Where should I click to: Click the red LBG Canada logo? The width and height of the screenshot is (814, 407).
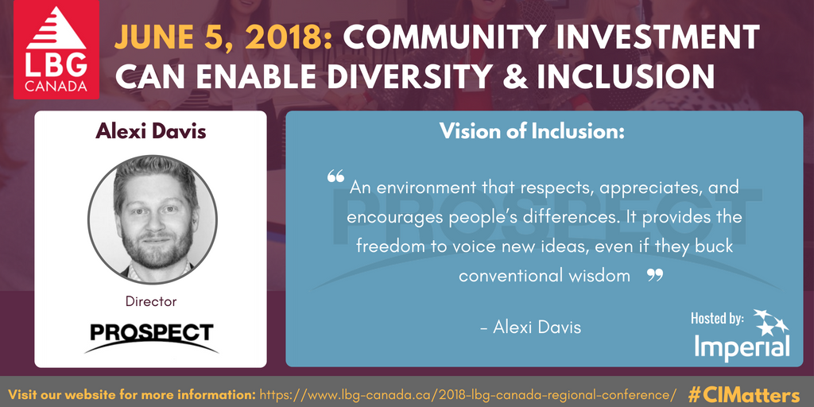click(x=56, y=49)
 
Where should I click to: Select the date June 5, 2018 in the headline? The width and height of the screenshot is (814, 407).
click(x=223, y=37)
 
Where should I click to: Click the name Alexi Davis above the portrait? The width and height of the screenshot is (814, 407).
click(x=150, y=131)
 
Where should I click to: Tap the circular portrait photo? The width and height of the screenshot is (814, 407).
click(x=153, y=219)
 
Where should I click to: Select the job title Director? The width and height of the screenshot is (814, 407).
click(x=151, y=301)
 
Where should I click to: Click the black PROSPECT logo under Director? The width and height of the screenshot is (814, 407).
click(x=152, y=337)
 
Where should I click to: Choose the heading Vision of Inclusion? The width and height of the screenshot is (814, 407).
click(x=532, y=131)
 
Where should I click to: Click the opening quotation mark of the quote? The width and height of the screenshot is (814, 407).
click(x=335, y=176)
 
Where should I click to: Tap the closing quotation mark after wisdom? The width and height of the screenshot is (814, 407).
click(x=655, y=274)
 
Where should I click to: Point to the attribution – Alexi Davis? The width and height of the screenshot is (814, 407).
click(x=530, y=327)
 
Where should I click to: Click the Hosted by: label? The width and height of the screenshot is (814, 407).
click(x=717, y=318)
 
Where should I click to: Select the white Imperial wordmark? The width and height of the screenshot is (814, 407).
click(x=742, y=347)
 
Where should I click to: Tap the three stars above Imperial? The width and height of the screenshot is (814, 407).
click(x=771, y=322)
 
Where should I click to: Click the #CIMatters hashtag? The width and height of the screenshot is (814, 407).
click(x=744, y=393)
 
